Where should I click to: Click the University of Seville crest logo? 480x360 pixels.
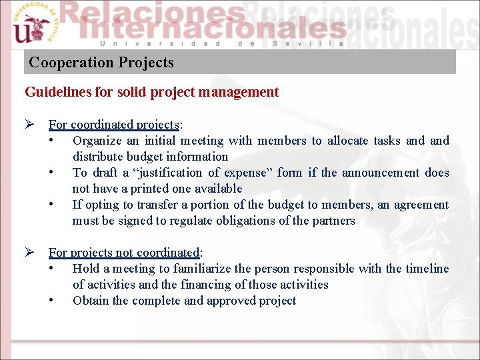coord(31,25)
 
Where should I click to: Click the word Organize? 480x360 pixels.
coord(97,141)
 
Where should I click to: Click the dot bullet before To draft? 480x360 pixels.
coord(51,173)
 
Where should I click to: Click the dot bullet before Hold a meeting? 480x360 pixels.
coord(51,269)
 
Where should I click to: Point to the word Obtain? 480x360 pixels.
coord(91,301)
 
